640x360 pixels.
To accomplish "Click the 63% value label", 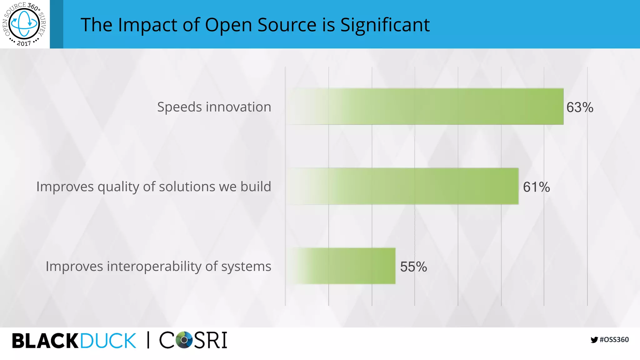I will click(580, 107).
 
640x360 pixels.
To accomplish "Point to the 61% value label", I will click(536, 187).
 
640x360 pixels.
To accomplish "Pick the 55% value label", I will click(413, 267).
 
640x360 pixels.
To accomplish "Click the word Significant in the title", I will click(385, 25).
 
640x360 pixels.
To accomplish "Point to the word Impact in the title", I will click(148, 25).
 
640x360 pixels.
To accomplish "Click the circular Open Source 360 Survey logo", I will click(24, 24).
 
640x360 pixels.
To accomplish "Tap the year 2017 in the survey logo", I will click(24, 43).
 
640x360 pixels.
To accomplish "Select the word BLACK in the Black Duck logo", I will click(45, 341).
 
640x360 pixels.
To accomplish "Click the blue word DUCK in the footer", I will click(108, 341).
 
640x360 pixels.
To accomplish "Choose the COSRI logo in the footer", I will click(193, 340).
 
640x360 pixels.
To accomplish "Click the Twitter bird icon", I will click(594, 340).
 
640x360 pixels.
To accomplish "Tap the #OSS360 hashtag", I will click(614, 340).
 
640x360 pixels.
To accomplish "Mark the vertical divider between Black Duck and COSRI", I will click(148, 340).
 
